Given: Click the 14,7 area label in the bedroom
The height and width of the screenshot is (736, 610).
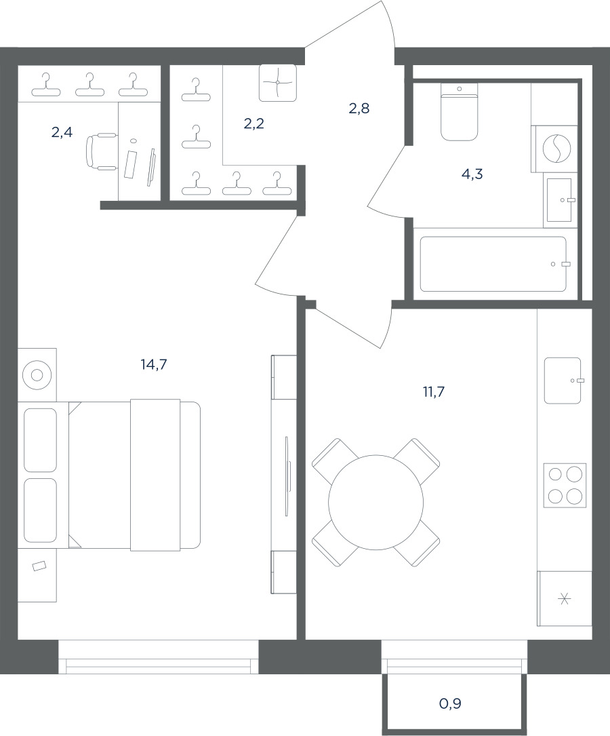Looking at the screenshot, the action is (154, 364).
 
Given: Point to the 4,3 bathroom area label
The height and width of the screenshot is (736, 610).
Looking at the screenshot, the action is (472, 174).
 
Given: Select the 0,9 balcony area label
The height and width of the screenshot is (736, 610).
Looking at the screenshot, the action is (450, 703).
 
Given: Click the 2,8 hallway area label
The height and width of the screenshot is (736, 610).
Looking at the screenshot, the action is (359, 109).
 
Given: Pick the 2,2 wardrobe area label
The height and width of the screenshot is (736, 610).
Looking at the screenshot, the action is (254, 124).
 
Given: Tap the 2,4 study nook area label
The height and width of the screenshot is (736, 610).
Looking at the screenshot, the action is (62, 133).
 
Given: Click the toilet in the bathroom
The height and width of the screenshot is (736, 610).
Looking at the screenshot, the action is (459, 112).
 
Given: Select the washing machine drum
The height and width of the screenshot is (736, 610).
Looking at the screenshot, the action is (557, 149).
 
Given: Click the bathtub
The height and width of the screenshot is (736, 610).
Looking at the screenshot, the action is (493, 265).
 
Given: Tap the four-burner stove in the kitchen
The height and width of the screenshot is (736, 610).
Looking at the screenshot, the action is (565, 485).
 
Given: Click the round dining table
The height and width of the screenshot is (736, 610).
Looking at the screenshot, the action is (375, 502).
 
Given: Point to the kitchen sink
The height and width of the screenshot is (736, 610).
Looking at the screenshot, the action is (563, 381).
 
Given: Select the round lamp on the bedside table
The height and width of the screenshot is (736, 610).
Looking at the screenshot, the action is (37, 375).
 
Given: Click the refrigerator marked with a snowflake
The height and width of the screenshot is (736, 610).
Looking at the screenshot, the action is (565, 598).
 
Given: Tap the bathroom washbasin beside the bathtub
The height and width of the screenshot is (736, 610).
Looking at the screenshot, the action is (559, 200).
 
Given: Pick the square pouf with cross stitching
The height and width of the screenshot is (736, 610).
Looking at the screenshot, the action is (278, 83).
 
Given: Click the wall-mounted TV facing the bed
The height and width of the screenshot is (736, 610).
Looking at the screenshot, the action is (287, 476).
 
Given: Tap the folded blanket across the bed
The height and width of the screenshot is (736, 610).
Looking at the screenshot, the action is (155, 475).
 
